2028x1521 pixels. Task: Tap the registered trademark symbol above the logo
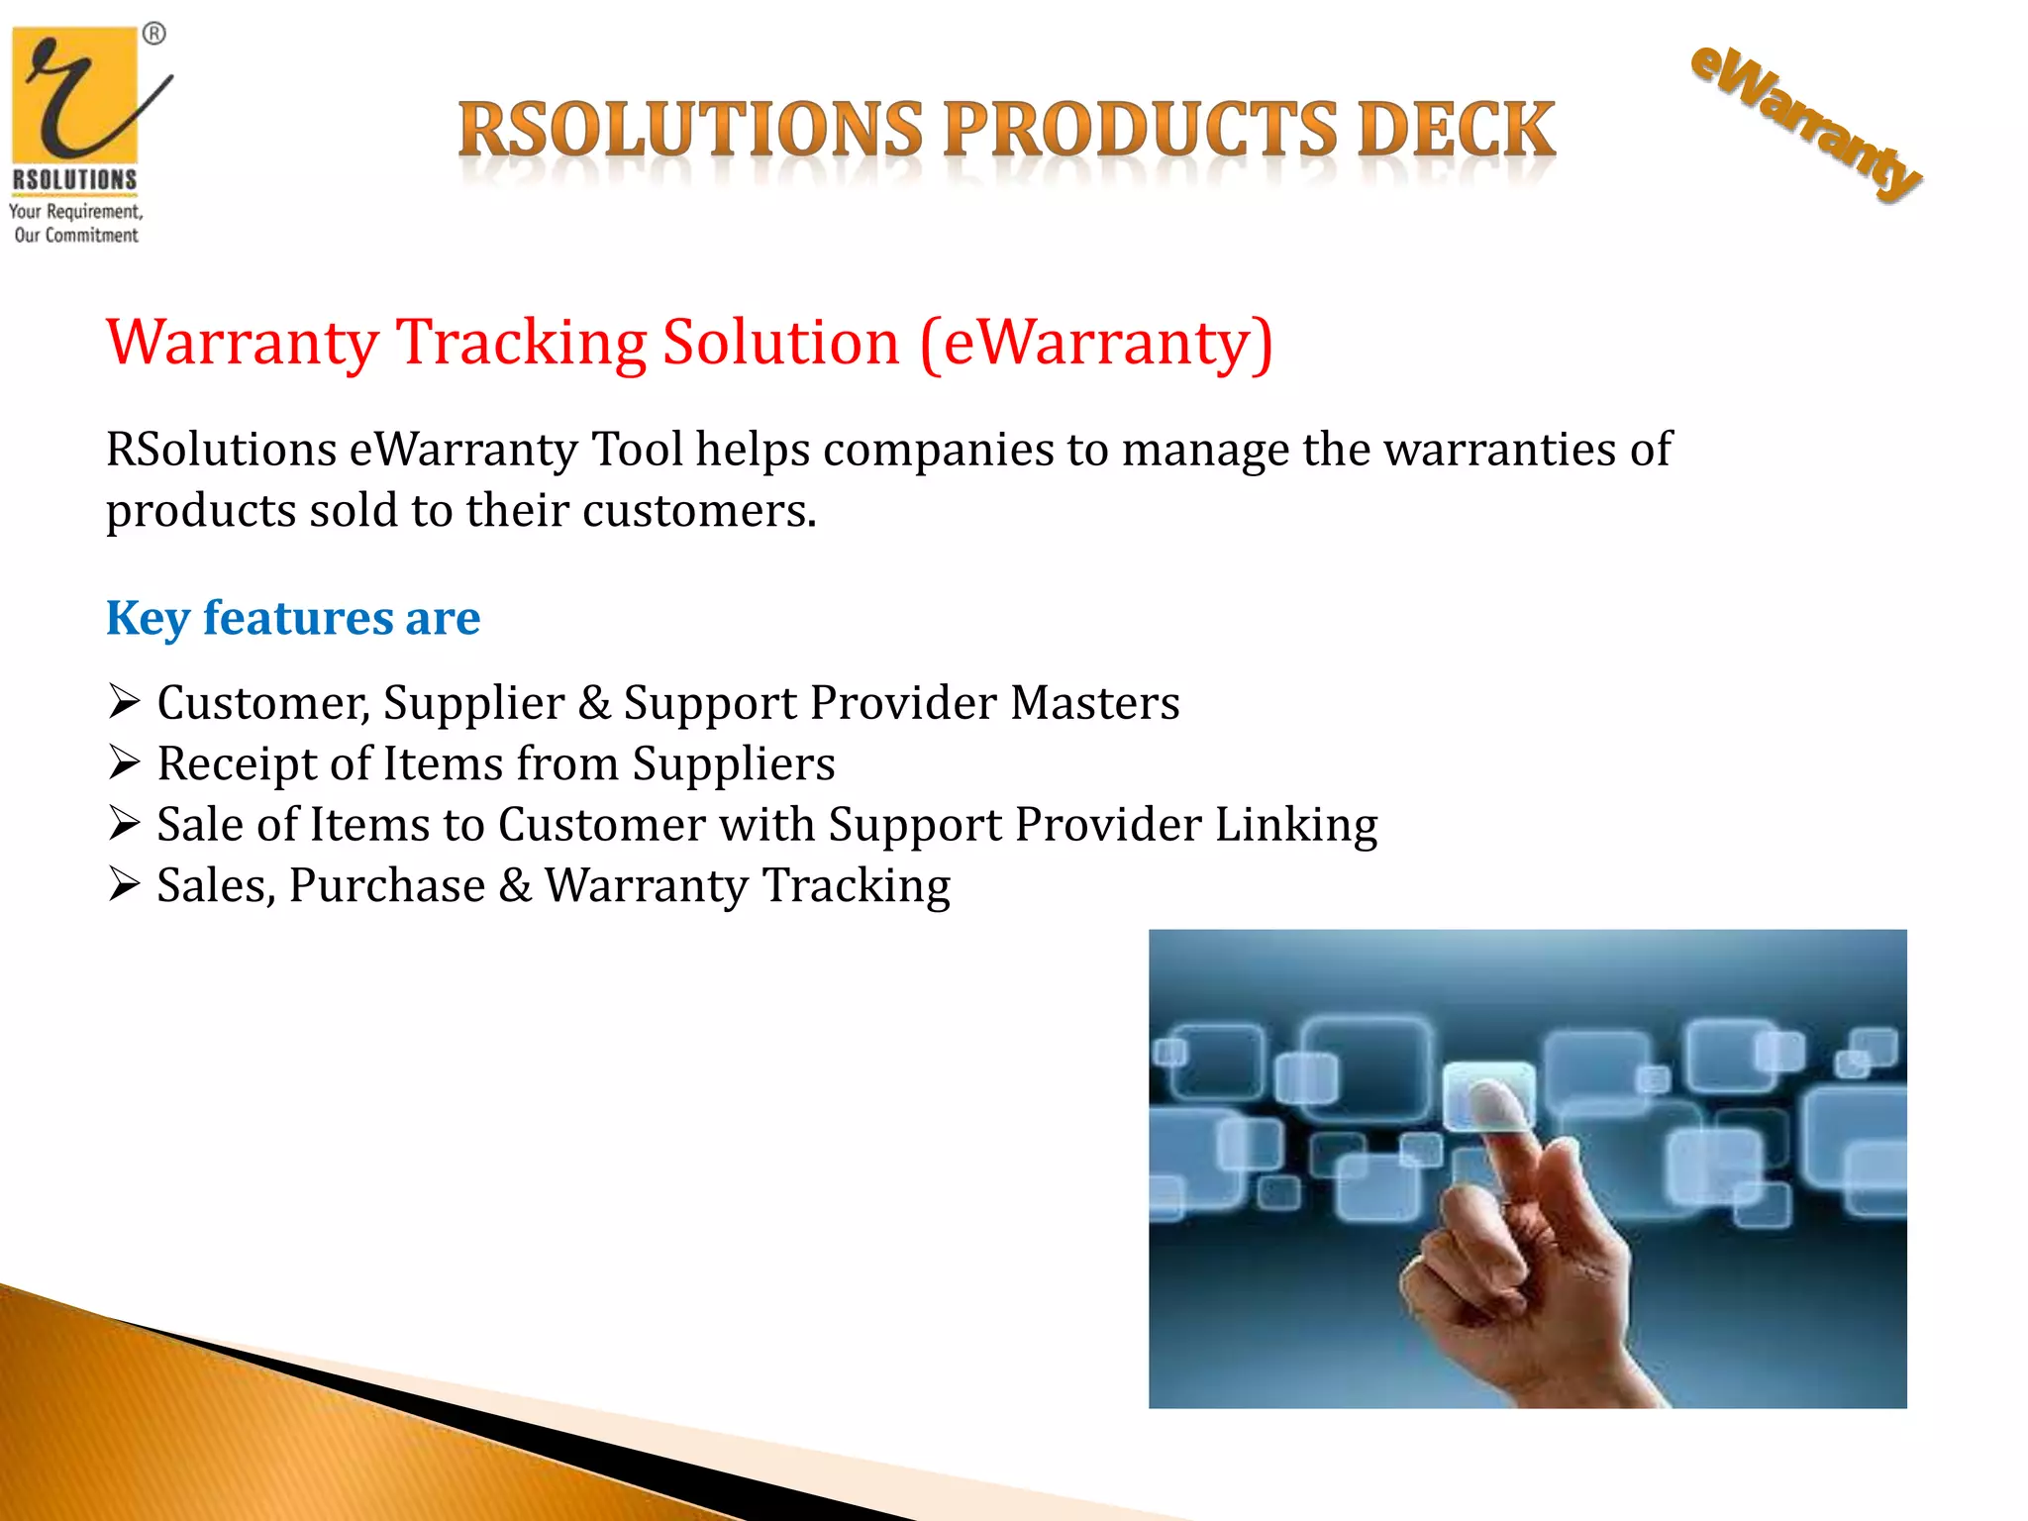154,35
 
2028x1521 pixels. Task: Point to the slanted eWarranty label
1804,124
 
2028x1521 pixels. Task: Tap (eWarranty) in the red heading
1096,343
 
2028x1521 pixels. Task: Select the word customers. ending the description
699,511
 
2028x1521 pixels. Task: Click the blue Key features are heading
293,618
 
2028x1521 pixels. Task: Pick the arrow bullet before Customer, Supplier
125,702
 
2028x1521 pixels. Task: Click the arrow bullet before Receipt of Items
125,763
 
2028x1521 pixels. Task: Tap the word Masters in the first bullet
1095,703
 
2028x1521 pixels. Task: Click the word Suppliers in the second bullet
734,764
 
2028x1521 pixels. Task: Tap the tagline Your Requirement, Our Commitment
76,223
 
